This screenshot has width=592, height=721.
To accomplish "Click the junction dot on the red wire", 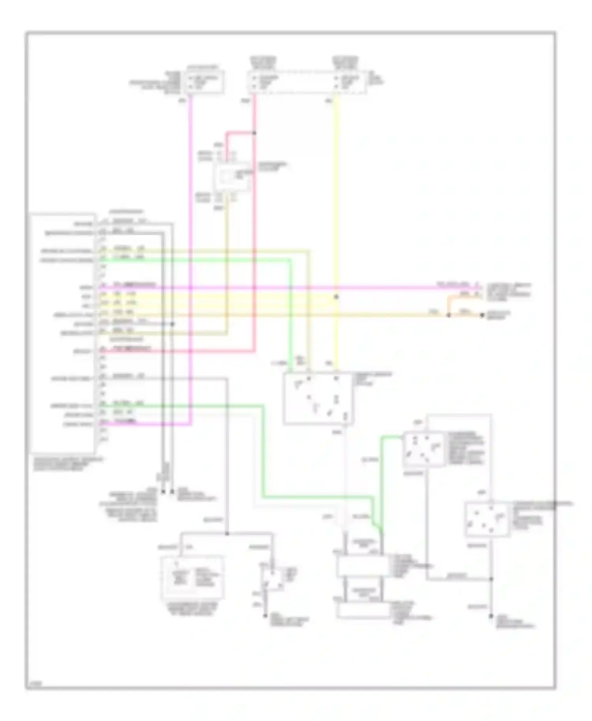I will click(255, 133).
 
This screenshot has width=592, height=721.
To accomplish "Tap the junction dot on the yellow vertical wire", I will click(336, 297).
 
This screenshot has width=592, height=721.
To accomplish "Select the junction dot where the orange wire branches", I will click(448, 315).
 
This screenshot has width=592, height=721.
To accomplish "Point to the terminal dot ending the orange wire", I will click(481, 315).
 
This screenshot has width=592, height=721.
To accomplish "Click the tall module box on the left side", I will click(63, 333).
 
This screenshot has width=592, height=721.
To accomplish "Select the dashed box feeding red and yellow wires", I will click(306, 82).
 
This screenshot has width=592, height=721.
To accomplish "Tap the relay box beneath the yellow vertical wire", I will click(318, 398).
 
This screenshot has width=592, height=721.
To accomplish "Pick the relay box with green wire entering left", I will click(423, 449).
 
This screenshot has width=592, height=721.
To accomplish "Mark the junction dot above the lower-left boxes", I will click(227, 534).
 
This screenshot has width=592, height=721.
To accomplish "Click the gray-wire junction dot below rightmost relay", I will click(491, 579).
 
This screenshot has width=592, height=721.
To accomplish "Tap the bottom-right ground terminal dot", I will click(491, 616).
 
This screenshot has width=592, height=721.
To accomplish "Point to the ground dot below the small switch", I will click(265, 616).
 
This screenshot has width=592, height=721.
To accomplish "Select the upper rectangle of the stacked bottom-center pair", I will click(363, 566).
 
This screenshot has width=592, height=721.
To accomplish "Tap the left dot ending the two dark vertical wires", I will click(163, 492).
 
